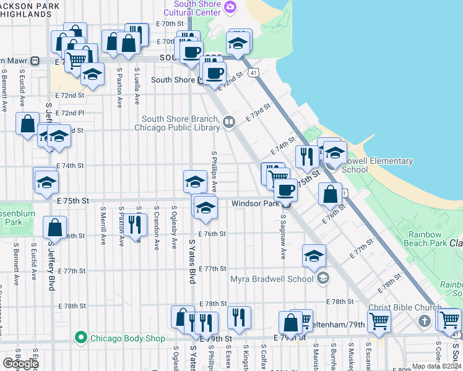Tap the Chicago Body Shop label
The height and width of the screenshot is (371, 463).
coord(128,338)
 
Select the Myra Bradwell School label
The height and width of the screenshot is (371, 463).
coord(271,279)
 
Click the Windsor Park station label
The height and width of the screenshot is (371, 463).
coord(255,203)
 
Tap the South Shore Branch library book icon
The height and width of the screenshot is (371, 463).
coord(229,122)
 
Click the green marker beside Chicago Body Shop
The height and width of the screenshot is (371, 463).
coord(80,338)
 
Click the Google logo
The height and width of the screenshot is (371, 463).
coord(20,364)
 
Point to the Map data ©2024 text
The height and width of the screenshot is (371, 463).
coord(436,367)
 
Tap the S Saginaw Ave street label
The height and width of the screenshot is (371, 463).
coord(283,237)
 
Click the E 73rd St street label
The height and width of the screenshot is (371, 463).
coord(259,112)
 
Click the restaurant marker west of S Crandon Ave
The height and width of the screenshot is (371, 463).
coord(134,225)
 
